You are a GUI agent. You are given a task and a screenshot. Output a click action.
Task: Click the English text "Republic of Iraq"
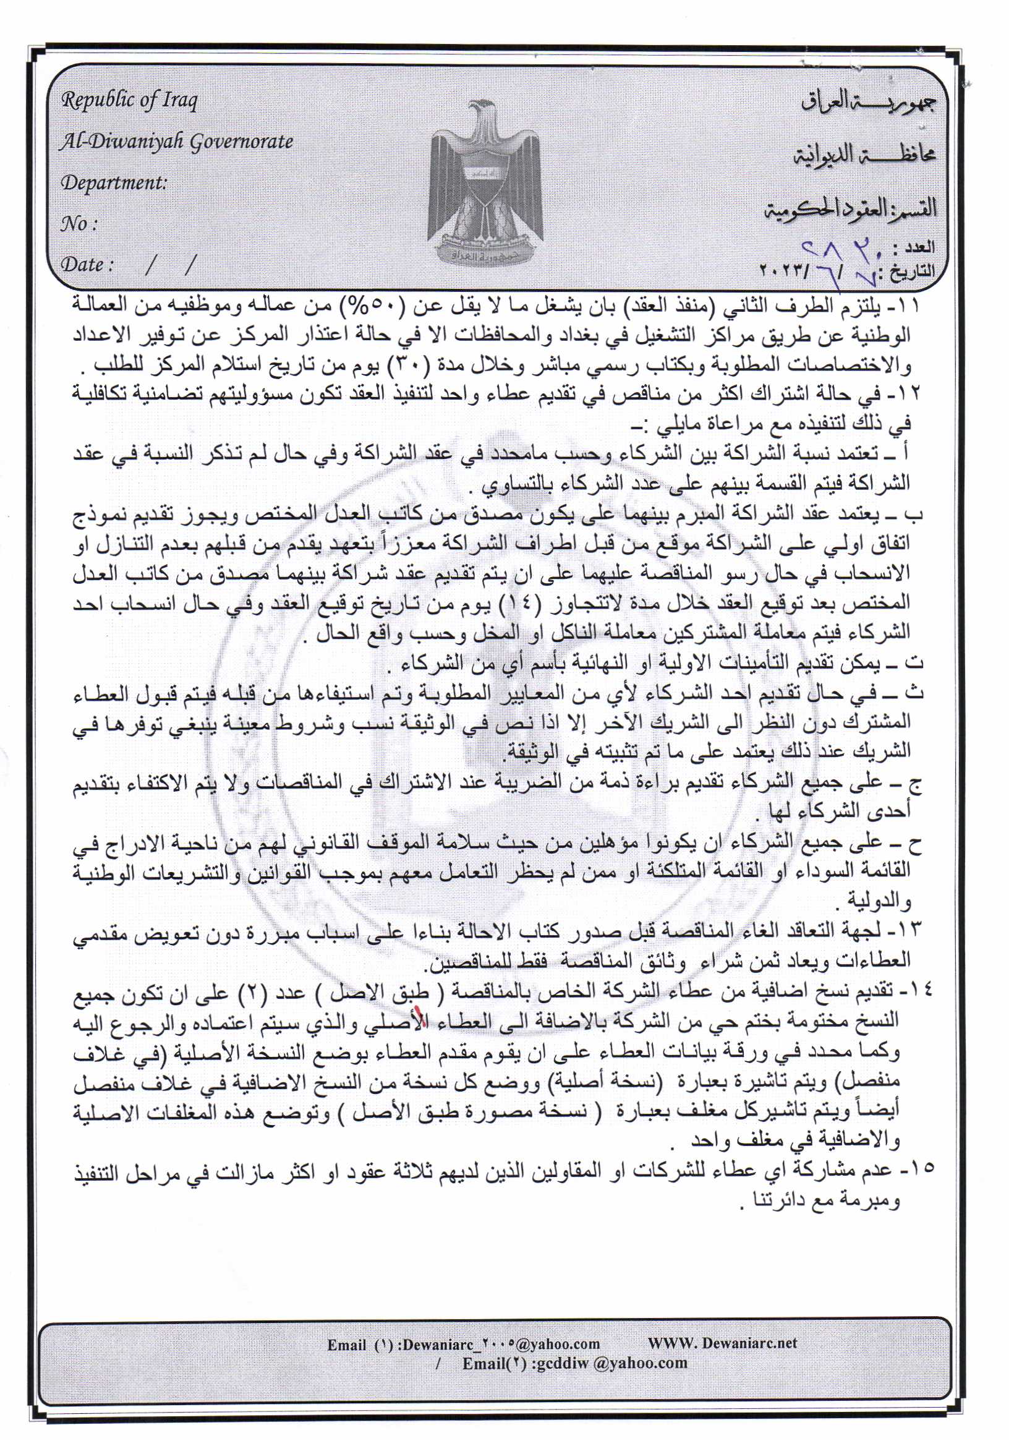(x=129, y=101)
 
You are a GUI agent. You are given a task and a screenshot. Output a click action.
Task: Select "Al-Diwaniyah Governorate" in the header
(x=176, y=142)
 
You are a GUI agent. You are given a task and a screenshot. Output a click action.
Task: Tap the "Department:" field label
(x=114, y=183)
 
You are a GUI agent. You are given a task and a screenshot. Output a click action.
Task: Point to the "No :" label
(x=79, y=223)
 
